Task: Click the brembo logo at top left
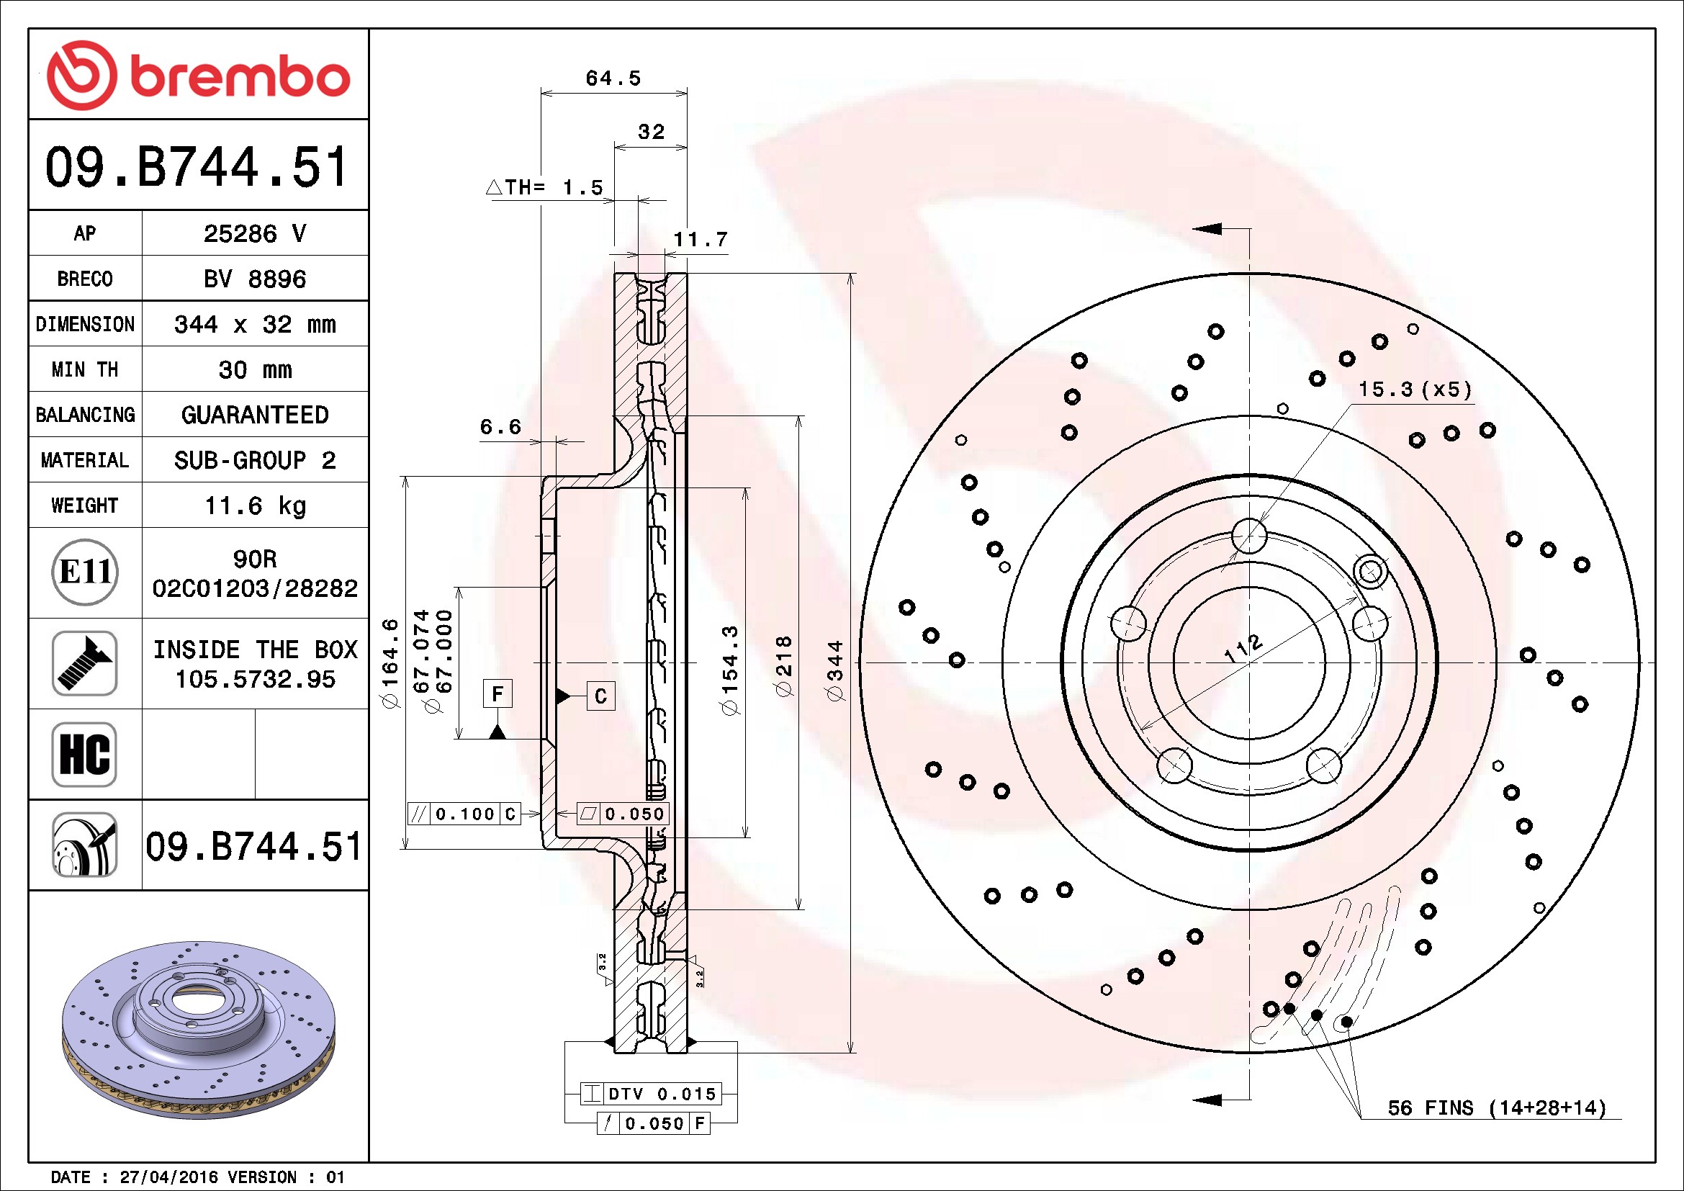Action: point(198,76)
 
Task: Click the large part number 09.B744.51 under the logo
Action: point(197,167)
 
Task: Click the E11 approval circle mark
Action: point(85,572)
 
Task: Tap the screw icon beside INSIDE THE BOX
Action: point(85,663)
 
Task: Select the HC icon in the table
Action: point(85,754)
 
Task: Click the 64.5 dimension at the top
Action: point(613,78)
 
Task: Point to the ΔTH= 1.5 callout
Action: point(545,188)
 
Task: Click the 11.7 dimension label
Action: point(701,240)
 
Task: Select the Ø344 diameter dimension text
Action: point(835,671)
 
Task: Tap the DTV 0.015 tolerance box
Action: point(652,1094)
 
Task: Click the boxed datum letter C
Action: point(600,696)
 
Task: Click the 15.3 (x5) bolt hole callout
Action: point(1415,390)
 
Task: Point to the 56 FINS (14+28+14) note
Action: point(1497,1107)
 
